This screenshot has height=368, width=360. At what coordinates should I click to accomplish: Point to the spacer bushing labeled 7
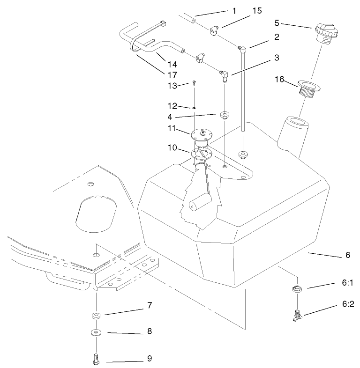96,315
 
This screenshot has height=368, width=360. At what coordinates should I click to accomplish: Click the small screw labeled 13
193,84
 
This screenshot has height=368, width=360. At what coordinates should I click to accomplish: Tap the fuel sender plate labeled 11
202,134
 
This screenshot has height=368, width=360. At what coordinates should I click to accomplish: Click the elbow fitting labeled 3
224,75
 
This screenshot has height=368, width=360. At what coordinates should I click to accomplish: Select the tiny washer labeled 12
193,107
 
